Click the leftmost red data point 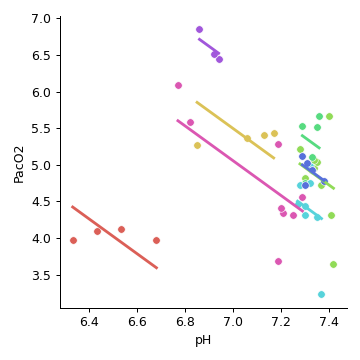73,240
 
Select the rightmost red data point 156,240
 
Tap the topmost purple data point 199,29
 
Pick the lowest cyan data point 321,294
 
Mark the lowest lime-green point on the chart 333,264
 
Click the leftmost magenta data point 178,85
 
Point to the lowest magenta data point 278,261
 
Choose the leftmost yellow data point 197,145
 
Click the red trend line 114,237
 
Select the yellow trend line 235,129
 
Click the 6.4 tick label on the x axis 89,321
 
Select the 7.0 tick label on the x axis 233,321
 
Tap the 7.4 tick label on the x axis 328,321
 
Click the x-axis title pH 203,340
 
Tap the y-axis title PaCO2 18,163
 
